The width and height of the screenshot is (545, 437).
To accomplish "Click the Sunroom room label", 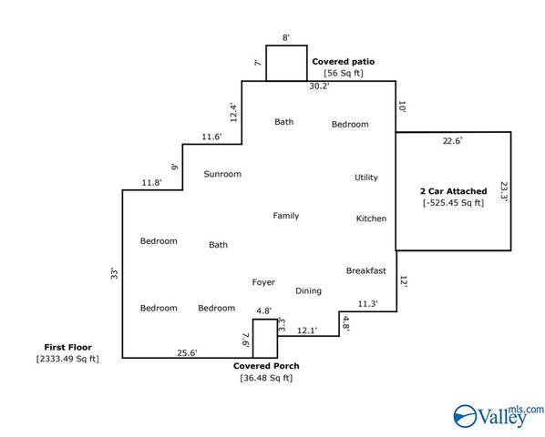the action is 222,174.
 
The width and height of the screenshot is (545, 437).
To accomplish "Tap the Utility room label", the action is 366,178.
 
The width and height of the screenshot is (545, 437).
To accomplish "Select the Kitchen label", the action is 371,218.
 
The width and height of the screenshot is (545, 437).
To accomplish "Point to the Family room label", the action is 285,216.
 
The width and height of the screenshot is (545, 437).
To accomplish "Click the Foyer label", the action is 263,282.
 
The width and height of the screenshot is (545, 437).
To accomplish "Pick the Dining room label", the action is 308,290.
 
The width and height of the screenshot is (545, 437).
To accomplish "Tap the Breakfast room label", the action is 366,270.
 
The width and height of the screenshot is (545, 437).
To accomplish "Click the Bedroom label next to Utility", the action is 350,124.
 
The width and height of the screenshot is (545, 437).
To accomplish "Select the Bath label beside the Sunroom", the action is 219,245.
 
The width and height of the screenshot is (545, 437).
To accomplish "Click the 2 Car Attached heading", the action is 453,191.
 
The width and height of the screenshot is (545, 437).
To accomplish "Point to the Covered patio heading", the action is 343,62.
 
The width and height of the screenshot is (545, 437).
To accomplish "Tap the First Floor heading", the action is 67,347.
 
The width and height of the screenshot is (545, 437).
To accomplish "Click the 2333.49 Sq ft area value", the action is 67,359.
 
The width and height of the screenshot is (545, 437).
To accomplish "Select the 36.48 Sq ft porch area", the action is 266,378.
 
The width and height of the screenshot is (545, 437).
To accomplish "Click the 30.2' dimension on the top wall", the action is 319,86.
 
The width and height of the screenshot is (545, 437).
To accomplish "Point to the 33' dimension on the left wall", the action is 114,273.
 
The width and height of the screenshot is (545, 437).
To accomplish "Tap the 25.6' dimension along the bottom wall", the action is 187,352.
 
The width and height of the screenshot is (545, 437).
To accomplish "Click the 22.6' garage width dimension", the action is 452,140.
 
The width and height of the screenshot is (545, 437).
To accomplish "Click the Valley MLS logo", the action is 499,415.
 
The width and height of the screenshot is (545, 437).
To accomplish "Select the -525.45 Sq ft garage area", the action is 453,203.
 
